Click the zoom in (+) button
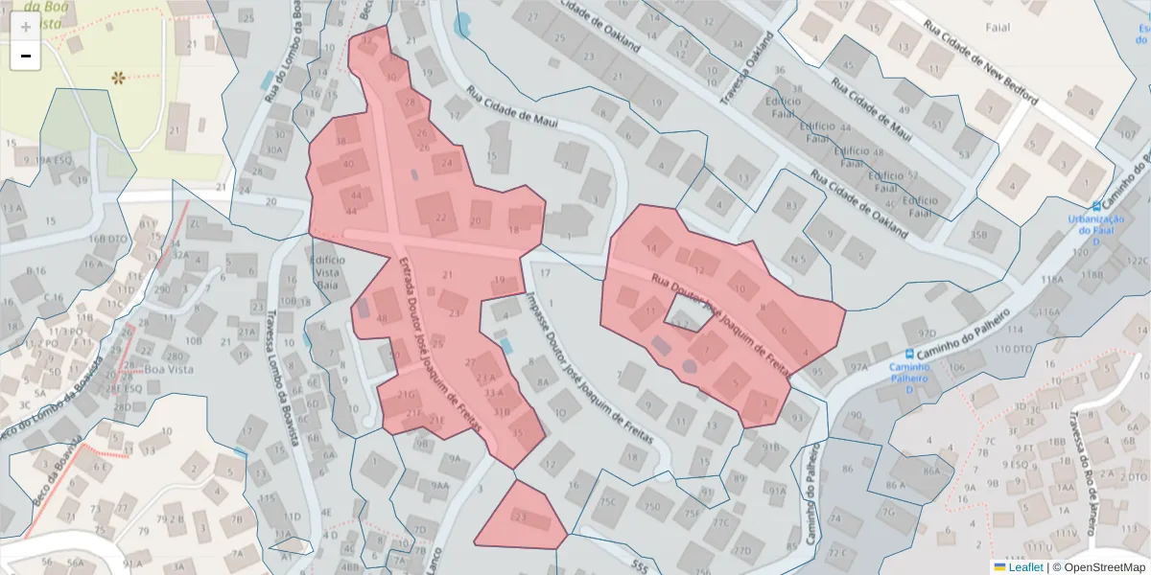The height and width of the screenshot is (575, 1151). coord(25,26)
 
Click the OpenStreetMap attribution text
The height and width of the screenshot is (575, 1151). coord(1098,566)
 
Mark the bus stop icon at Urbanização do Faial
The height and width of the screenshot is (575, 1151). coord(1097,206)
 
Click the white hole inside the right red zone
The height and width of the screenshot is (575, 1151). coord(688,311)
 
